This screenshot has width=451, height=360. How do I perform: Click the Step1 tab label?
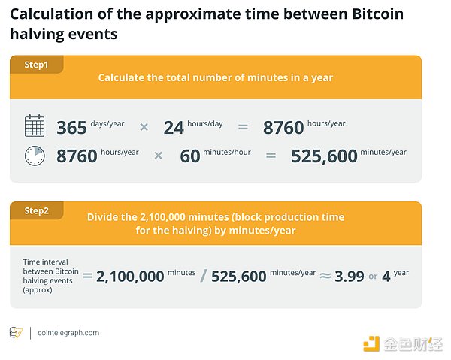click(35, 65)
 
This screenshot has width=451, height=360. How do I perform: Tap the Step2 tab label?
click(35, 211)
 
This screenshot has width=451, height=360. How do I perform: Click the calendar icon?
click(35, 126)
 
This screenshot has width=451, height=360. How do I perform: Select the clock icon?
click(35, 156)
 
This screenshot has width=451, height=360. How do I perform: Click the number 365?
click(72, 128)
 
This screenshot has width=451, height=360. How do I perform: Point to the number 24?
click(174, 128)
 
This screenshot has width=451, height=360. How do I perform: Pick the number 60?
click(192, 156)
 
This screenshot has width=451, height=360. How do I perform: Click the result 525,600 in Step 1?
click(324, 156)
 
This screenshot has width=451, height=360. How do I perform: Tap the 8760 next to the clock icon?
click(77, 156)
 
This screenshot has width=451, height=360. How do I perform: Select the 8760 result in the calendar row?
click(283, 128)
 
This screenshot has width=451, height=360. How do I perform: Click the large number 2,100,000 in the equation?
click(132, 276)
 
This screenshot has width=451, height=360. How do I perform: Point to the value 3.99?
click(349, 276)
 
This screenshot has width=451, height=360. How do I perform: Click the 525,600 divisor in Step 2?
click(239, 276)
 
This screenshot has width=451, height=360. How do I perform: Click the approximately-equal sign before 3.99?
click(324, 276)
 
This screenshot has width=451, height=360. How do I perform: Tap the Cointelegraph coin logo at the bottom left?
click(17, 333)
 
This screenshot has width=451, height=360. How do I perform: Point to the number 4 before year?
click(386, 276)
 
